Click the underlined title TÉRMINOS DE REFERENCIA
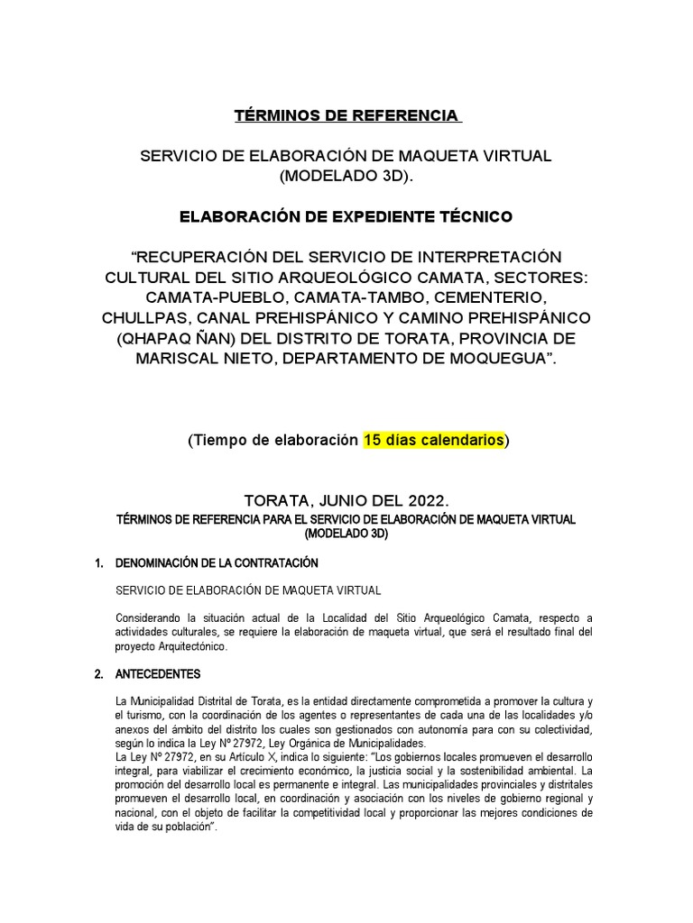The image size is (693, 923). pos(346,116)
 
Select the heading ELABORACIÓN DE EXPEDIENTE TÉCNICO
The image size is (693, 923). pos(346,216)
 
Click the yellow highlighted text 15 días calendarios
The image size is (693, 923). pos(433,441)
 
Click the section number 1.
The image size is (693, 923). pos(98,563)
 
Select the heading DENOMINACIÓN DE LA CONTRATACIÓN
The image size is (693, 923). pos(217,563)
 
